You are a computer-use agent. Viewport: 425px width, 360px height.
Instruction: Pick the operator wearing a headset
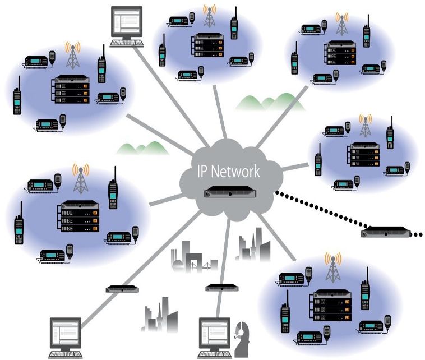point(242,340)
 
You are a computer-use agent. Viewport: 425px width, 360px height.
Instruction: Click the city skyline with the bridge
point(193,260)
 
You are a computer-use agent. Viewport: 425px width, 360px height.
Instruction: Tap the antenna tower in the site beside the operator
point(333,270)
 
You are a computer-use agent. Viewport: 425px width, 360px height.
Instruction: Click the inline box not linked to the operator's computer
point(122,289)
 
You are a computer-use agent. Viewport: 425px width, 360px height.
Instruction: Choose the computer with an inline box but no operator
point(66,336)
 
